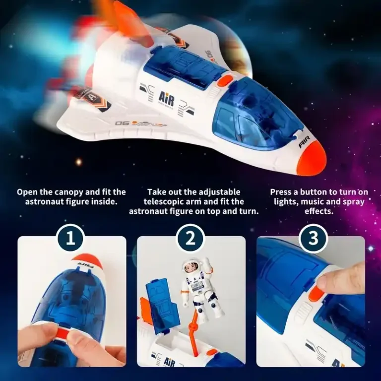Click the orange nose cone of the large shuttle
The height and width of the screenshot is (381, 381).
(312, 158)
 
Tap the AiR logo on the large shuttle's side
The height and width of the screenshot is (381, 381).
(167, 99)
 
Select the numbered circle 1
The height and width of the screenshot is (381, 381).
(70, 238)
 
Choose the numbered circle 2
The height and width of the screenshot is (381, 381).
(190, 238)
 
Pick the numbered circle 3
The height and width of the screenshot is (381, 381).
(313, 238)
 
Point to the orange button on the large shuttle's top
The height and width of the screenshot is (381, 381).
(225, 81)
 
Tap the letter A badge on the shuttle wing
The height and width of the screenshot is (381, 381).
(93, 97)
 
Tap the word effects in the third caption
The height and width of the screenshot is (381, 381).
(319, 211)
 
